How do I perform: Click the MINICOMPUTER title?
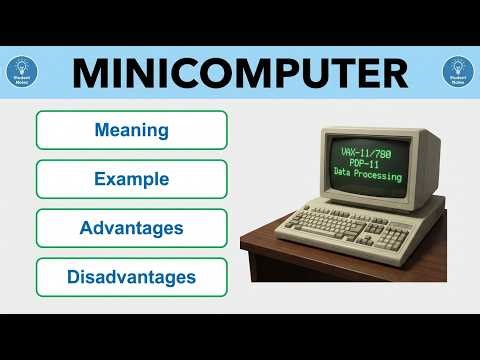pos(240,72)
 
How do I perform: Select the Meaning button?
pos(131,130)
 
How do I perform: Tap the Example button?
pos(131,179)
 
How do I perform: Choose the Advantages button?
pos(131,228)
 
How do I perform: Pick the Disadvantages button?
pos(131,276)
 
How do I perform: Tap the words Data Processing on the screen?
pos(368,176)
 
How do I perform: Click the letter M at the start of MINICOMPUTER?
pos(92,72)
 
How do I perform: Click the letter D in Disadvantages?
pos(74,276)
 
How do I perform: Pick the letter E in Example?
pos(99,179)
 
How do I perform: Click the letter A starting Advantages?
pos(86,228)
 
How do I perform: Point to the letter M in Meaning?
pos(101,130)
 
